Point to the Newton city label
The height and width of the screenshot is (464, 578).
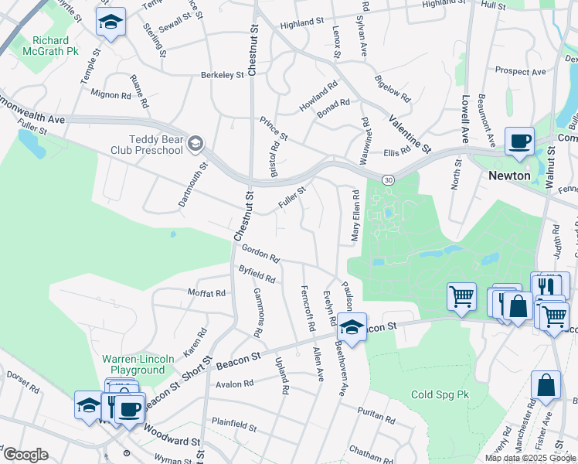coord(509,176)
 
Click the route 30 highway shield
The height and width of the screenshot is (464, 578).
coord(388,179)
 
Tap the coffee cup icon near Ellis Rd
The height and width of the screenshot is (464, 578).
coord(519,142)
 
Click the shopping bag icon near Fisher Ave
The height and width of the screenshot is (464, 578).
coord(546,387)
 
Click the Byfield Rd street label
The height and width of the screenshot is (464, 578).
coord(257,273)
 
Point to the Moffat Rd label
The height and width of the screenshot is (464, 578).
coord(206,293)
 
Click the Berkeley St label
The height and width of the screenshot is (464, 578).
coord(223,75)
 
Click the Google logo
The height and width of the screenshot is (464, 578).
coord(25,455)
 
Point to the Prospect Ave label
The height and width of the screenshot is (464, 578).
coord(520,71)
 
